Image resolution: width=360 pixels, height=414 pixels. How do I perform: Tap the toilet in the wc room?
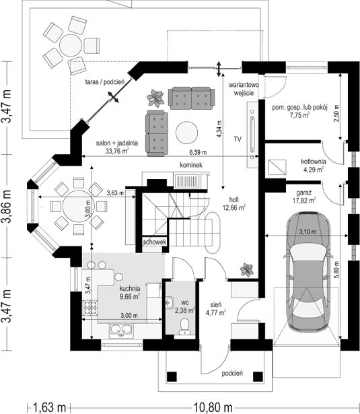tap(184, 326)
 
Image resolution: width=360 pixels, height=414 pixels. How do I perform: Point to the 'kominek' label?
tap(191, 165)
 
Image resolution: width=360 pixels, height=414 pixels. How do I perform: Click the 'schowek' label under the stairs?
tap(155, 242)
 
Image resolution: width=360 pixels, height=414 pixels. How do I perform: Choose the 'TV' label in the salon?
tap(238, 139)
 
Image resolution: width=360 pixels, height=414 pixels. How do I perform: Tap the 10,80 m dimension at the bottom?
tap(213, 407)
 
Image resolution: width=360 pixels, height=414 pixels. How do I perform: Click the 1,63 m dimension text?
tap(49, 407)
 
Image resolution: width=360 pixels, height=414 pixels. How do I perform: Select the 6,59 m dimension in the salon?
tap(198, 152)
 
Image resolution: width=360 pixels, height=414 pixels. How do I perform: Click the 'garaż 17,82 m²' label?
tap(306, 197)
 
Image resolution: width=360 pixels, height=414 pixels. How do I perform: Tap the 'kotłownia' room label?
tap(314, 162)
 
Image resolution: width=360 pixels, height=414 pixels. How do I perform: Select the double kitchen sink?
tap(121, 329)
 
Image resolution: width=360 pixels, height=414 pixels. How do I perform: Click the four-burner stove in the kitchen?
tap(90, 308)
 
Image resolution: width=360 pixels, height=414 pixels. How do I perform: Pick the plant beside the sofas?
tap(155, 98)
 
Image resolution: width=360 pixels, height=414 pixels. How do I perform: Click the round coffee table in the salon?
tap(187, 133)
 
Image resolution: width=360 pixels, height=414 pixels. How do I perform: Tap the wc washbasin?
tap(170, 302)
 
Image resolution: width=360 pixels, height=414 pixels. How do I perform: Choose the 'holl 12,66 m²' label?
tap(234, 203)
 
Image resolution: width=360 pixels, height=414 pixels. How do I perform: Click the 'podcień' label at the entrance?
tap(232, 374)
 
